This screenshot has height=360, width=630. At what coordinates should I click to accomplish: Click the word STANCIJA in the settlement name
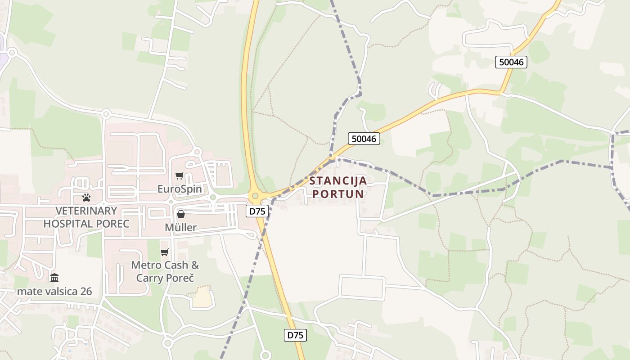(338, 181)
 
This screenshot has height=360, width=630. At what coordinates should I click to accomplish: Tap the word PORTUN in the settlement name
(338, 194)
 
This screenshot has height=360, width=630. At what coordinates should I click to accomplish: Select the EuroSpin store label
(180, 189)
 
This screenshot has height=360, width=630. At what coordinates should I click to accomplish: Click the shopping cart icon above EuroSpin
(180, 175)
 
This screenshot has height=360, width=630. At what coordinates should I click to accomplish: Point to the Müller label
(180, 227)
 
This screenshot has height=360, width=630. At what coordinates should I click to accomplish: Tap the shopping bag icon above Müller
(181, 214)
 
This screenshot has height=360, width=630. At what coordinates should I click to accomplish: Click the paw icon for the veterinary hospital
(86, 197)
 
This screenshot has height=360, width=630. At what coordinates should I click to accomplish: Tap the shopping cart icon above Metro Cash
(165, 252)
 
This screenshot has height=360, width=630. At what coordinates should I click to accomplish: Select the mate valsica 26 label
(54, 292)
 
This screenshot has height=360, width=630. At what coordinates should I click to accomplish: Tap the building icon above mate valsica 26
(54, 278)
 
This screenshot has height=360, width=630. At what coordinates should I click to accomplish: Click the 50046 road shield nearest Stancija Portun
(364, 139)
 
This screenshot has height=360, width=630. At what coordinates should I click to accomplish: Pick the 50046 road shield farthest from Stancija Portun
(511, 62)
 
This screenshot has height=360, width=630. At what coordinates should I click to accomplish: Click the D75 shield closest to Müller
(257, 211)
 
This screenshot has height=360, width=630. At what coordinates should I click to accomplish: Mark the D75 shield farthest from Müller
(296, 335)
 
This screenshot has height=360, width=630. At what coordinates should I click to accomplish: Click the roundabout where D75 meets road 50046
(256, 196)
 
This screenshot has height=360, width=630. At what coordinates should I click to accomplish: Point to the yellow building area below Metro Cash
(201, 297)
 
